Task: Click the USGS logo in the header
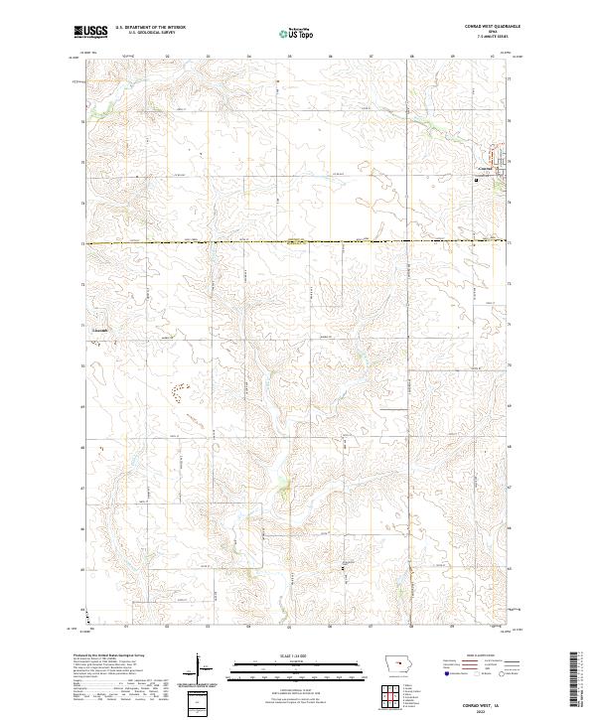click(x=90, y=32)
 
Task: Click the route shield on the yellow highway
click(x=293, y=241)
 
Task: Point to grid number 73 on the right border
click(x=510, y=202)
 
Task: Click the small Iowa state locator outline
click(x=396, y=666)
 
